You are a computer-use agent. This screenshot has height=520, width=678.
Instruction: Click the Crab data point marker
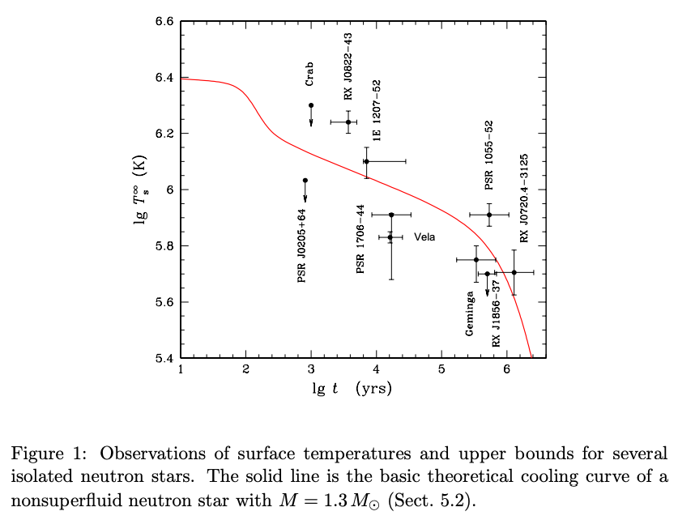[x=311, y=105]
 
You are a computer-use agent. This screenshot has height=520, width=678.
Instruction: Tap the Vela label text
[x=424, y=237]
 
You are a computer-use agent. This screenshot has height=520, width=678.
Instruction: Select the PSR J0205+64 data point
[x=305, y=180]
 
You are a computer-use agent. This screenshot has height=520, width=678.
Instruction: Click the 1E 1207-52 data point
[x=366, y=161]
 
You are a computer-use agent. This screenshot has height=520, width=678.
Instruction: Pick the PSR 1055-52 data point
[x=489, y=215]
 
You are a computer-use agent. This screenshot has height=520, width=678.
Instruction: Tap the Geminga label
[x=469, y=313]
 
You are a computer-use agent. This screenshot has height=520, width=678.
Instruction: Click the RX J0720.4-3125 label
[x=524, y=198]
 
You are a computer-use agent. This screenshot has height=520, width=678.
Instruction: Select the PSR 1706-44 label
[x=361, y=239]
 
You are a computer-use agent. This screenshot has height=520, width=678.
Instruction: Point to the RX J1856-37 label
[x=497, y=313]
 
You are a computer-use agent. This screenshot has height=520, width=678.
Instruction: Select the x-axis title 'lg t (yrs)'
[x=352, y=389]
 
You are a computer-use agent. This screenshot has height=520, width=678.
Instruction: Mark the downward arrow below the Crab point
[x=311, y=119]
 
